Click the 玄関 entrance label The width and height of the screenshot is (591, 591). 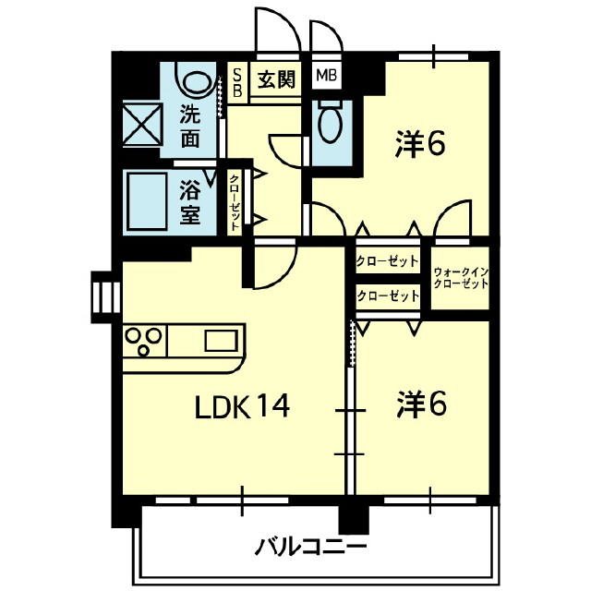tap(276, 79)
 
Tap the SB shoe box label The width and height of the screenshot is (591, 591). tap(237, 82)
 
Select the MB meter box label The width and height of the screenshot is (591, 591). tap(326, 76)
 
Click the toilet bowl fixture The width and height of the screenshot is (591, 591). tap(330, 121)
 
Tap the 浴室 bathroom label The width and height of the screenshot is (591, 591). tap(189, 203)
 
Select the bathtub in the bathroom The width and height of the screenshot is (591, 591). tap(147, 201)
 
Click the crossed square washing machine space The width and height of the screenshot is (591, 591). tap(142, 124)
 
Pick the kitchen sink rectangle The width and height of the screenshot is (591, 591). tap(222, 341)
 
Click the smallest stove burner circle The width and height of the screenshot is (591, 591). tap(143, 351)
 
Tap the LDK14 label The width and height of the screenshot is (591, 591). tap(242, 406)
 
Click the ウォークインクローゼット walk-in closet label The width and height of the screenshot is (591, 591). tap(461, 278)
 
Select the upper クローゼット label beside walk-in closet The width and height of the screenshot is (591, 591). tap(387, 260)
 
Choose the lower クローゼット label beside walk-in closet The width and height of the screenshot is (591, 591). tap(388, 295)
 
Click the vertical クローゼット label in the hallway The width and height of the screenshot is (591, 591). tap(235, 202)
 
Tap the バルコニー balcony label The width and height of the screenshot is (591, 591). tap(310, 548)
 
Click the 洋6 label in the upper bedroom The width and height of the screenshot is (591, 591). tap(420, 143)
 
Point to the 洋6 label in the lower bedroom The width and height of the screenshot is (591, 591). tap(421, 405)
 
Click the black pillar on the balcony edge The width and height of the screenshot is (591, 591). tap(353, 519)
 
